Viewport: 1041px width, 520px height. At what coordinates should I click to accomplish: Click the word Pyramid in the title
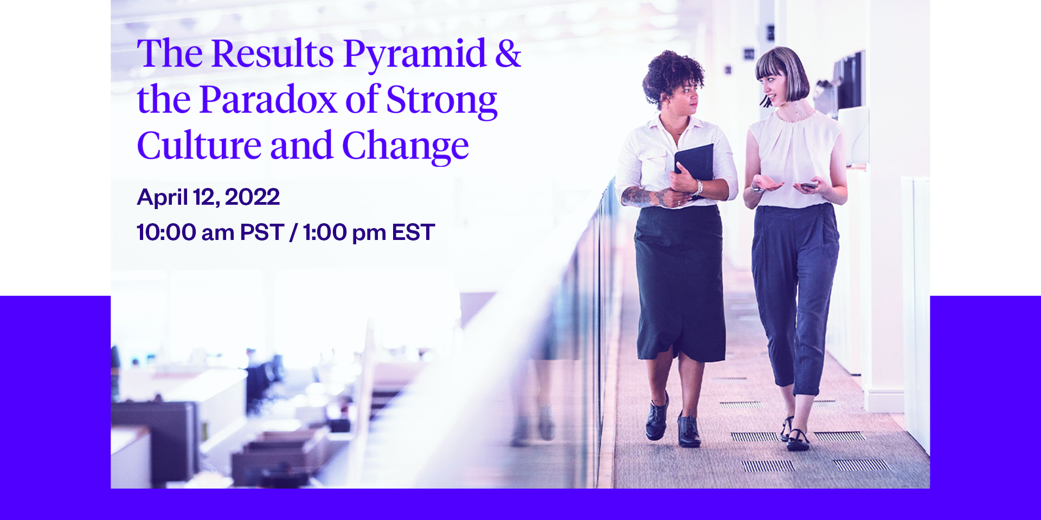414,54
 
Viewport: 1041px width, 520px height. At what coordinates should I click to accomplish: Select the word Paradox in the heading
268,100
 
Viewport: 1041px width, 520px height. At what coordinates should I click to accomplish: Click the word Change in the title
405,147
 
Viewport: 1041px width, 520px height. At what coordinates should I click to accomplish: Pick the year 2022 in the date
252,197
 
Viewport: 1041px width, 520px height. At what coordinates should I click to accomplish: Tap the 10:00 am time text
185,232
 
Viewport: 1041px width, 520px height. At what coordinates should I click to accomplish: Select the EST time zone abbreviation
413,232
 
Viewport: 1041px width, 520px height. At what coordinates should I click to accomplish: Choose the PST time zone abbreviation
262,232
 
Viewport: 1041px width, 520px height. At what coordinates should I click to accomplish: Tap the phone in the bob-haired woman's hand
809,185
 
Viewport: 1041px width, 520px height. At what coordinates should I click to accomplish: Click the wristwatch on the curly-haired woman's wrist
699,187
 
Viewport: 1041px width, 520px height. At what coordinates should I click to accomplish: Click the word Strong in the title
441,100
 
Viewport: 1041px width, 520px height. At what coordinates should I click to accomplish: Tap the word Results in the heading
272,54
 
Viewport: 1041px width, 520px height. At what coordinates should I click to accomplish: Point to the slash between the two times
293,232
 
